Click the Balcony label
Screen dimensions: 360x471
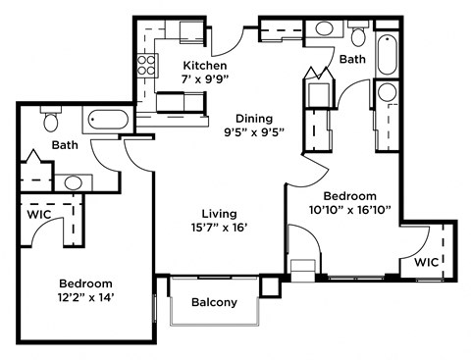pyautogui.click(x=214, y=302)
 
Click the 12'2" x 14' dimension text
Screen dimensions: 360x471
pyautogui.click(x=86, y=297)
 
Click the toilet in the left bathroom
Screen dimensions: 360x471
pyautogui.click(x=51, y=121)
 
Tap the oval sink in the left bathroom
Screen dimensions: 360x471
pyautogui.click(x=73, y=182)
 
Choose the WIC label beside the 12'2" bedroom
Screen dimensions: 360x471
pyautogui.click(x=38, y=212)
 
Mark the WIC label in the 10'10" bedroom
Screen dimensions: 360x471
pyautogui.click(x=425, y=262)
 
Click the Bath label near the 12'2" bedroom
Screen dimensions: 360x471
pyautogui.click(x=65, y=145)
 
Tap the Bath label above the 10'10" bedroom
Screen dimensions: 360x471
pyautogui.click(x=353, y=60)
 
